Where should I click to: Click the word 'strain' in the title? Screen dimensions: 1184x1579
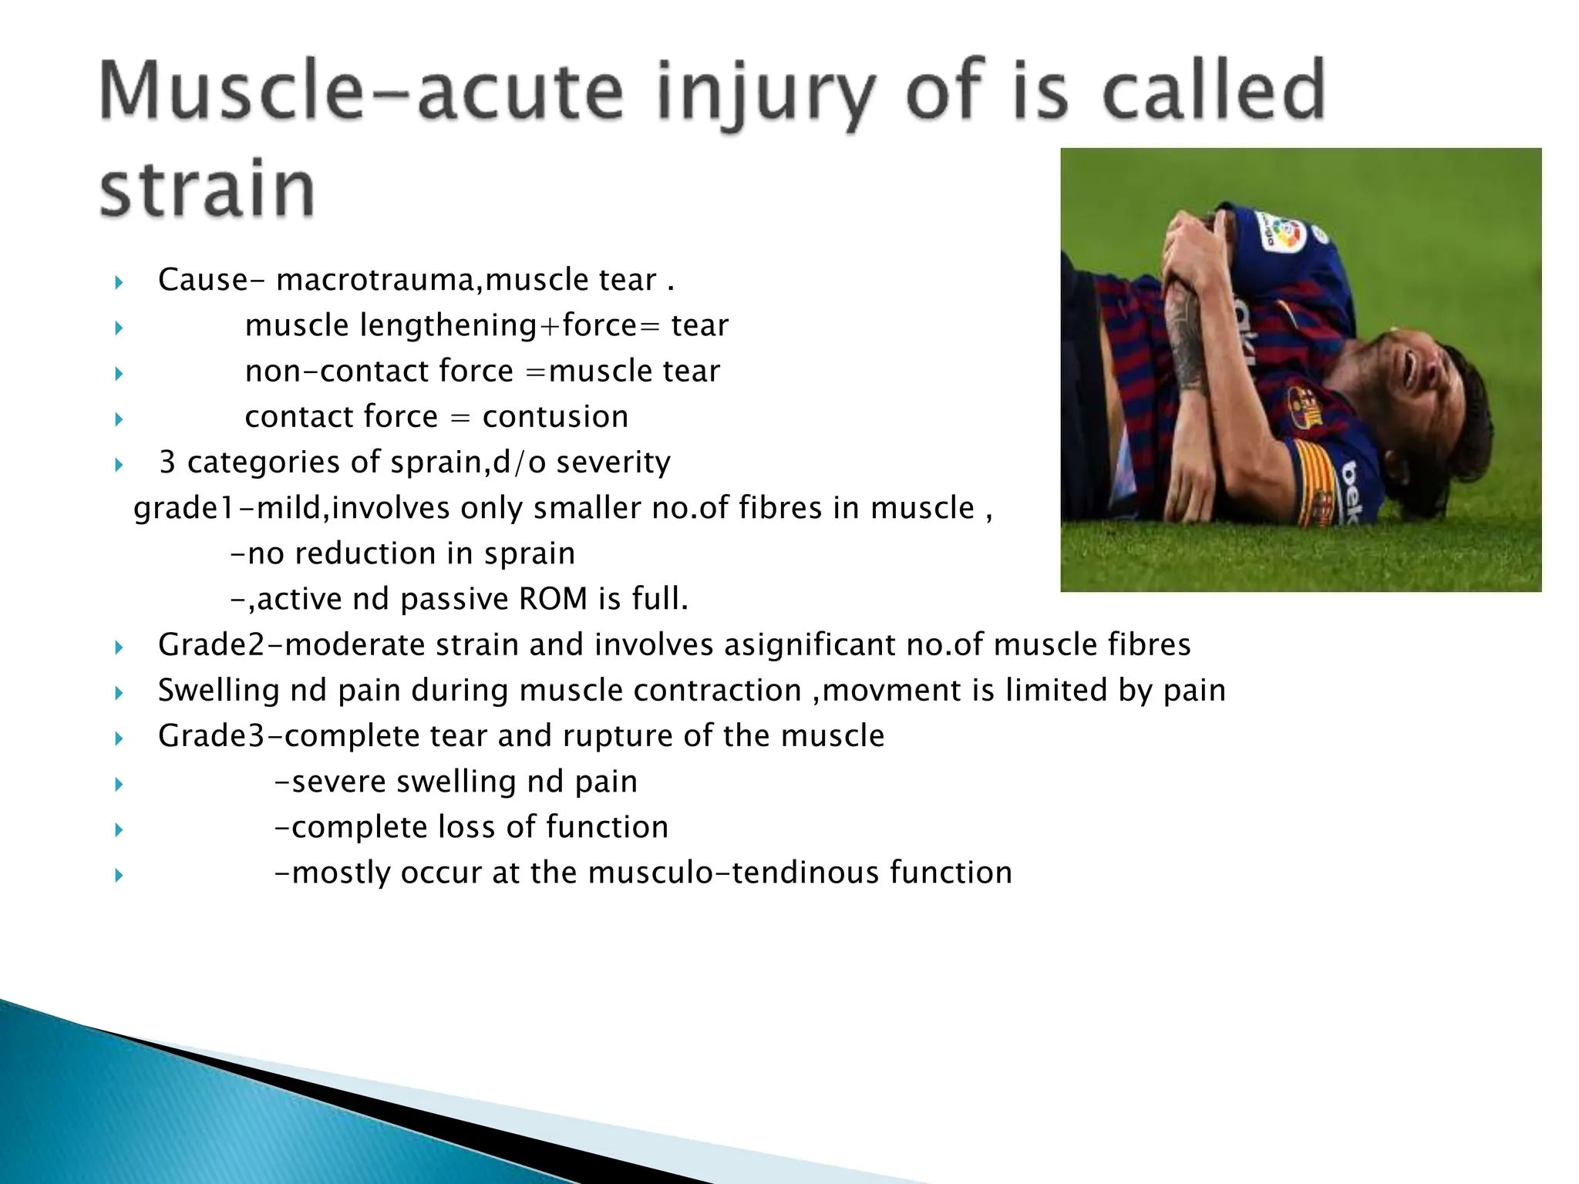[207, 189]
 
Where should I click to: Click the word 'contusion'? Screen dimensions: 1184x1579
[555, 417]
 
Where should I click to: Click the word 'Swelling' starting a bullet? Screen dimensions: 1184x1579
[218, 691]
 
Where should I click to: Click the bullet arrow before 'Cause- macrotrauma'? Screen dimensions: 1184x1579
[119, 283]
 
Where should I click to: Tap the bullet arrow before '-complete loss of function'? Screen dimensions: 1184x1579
[119, 830]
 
